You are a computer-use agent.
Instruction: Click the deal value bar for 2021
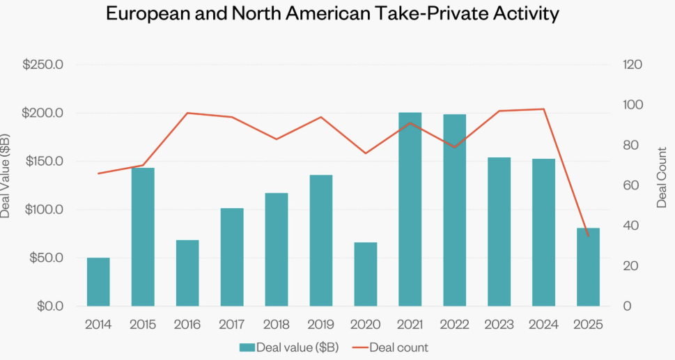tap(410, 209)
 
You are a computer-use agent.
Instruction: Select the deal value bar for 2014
tap(98, 282)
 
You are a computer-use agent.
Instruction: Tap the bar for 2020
tap(366, 274)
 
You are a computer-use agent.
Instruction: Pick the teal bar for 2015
tap(143, 237)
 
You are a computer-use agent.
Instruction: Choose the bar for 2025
tap(588, 267)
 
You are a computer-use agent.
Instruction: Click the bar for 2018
tap(277, 249)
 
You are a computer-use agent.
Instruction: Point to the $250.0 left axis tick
tap(43, 65)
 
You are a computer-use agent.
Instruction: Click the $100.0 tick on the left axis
tap(43, 210)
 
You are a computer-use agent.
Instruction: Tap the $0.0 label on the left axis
tap(48, 306)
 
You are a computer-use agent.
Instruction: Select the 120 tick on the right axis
tap(632, 65)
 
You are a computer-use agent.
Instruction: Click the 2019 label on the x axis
tap(321, 324)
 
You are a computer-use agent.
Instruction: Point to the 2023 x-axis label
tap(499, 324)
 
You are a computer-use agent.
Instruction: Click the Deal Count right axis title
tap(661, 177)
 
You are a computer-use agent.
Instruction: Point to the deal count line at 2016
tap(188, 113)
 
